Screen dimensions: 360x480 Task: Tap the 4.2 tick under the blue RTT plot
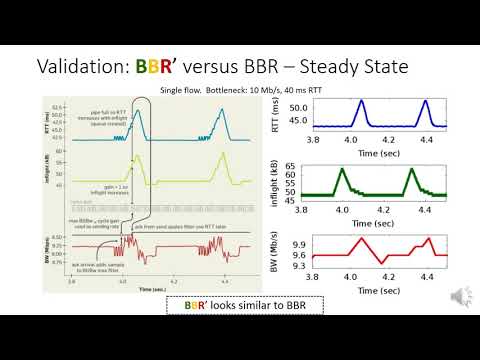pos(384,141)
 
